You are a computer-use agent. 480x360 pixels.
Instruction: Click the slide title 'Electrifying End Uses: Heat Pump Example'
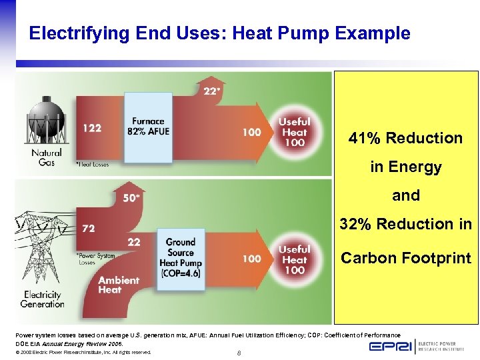click(x=219, y=33)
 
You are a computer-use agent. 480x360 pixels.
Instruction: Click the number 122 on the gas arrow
click(x=92, y=128)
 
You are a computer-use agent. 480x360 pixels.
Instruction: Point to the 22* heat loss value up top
click(x=211, y=91)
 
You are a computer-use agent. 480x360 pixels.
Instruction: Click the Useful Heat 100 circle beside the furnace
click(x=294, y=132)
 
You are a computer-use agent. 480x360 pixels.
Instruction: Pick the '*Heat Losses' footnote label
click(x=92, y=163)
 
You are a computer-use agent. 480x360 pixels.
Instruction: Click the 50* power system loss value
click(x=132, y=197)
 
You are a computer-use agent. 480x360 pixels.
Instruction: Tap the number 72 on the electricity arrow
click(x=89, y=228)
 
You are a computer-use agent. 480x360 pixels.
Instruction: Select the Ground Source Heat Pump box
click(x=180, y=257)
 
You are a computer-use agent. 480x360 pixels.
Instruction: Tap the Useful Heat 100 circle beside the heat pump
click(x=294, y=259)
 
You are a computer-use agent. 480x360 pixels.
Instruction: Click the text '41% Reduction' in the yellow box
click(x=405, y=139)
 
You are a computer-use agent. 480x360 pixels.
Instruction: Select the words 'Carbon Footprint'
click(x=405, y=258)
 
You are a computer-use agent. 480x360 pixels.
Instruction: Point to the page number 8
click(x=239, y=353)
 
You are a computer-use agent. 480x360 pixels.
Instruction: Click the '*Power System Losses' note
click(x=95, y=259)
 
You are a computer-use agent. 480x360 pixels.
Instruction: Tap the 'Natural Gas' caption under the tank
click(x=46, y=157)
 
